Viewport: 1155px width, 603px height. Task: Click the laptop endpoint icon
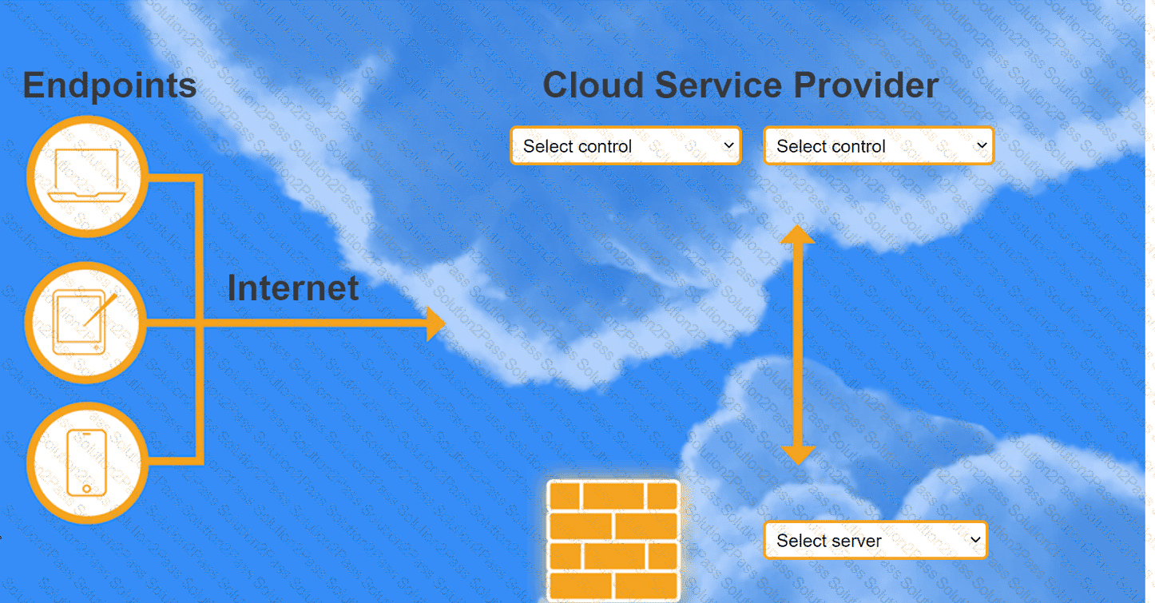[x=86, y=176]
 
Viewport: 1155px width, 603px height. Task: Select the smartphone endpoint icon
[x=86, y=462]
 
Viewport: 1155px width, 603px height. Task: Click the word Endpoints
[x=109, y=85]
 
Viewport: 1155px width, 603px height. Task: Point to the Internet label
[x=293, y=288]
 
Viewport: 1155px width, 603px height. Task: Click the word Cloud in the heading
[x=593, y=85]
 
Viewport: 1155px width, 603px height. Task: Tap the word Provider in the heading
[x=866, y=85]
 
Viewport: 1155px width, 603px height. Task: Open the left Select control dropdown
[x=625, y=146]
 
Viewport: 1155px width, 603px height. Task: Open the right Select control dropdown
[x=879, y=146]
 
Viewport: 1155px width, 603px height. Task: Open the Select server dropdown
[x=875, y=540]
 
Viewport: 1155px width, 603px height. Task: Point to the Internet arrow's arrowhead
[x=436, y=323]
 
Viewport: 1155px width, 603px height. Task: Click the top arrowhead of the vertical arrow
[x=798, y=235]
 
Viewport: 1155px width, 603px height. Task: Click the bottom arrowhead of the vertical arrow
[x=798, y=455]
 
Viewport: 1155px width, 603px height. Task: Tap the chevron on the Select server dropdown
[x=975, y=540]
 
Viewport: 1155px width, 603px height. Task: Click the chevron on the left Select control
[x=728, y=145]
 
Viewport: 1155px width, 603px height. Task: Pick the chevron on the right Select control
[x=982, y=145]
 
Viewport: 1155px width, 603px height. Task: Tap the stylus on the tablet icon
[x=101, y=310]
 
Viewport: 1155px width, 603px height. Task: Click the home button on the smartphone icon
[x=86, y=488]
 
